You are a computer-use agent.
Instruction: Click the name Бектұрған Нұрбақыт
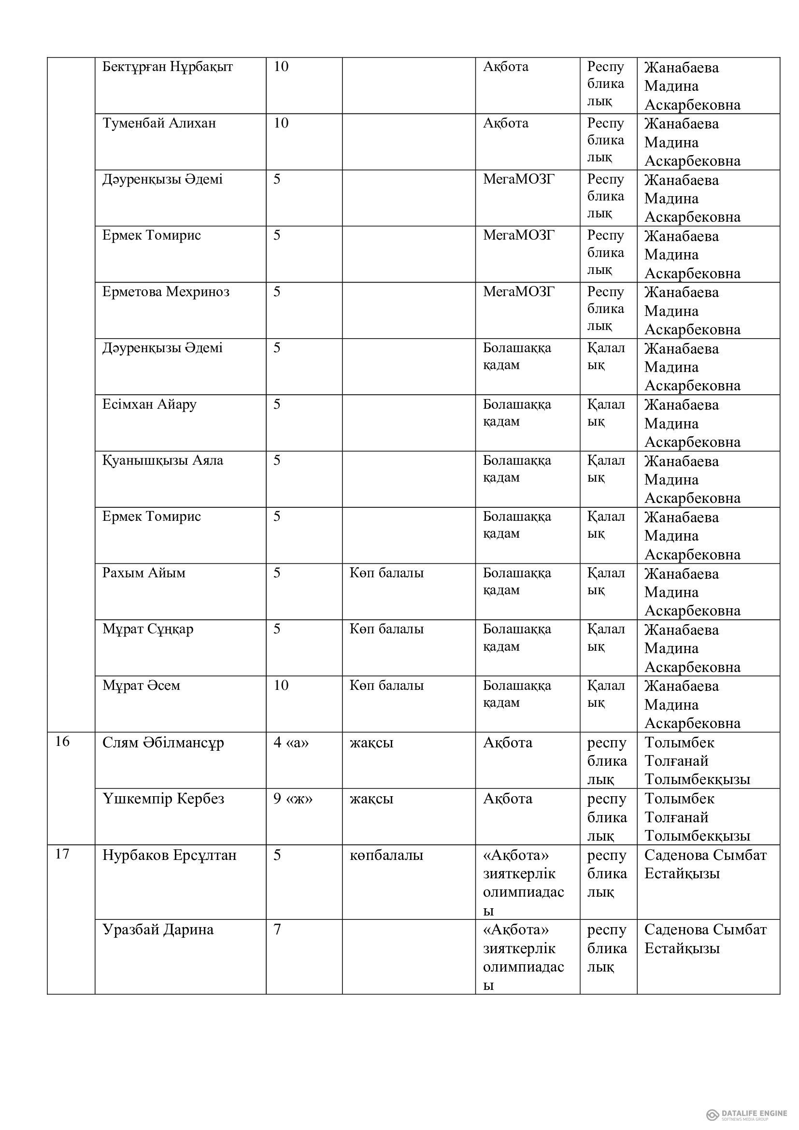[x=167, y=67]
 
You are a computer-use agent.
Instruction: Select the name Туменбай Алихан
[x=159, y=123]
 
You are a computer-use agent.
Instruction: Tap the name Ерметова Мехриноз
[x=166, y=292]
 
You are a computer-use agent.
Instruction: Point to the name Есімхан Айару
[x=149, y=404]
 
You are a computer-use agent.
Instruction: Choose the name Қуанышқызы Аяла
[x=162, y=461]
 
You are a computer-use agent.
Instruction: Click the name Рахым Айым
[x=143, y=573]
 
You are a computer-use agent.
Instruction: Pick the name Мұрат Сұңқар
[x=148, y=629]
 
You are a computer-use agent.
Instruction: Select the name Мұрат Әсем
[x=141, y=686]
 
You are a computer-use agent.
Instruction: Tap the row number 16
[x=62, y=742]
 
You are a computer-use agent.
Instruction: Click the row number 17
[x=62, y=854]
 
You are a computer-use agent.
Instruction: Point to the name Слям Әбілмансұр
[x=163, y=742]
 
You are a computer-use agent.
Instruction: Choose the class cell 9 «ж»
[x=293, y=798]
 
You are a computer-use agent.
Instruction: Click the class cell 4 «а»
[x=291, y=742]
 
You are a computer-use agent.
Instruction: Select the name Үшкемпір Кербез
[x=163, y=798]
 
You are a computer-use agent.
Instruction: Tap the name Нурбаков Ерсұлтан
[x=169, y=855]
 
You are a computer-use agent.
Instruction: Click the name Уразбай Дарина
[x=158, y=930]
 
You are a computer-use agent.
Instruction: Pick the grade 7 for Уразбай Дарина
[x=277, y=930]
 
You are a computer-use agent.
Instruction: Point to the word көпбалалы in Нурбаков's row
[x=386, y=855]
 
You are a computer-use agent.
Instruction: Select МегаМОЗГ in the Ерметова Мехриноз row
[x=518, y=292]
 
